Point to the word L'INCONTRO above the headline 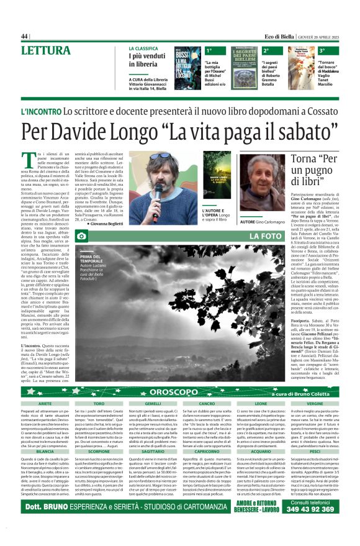pos(40,111)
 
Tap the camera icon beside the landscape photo pos(81,237)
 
